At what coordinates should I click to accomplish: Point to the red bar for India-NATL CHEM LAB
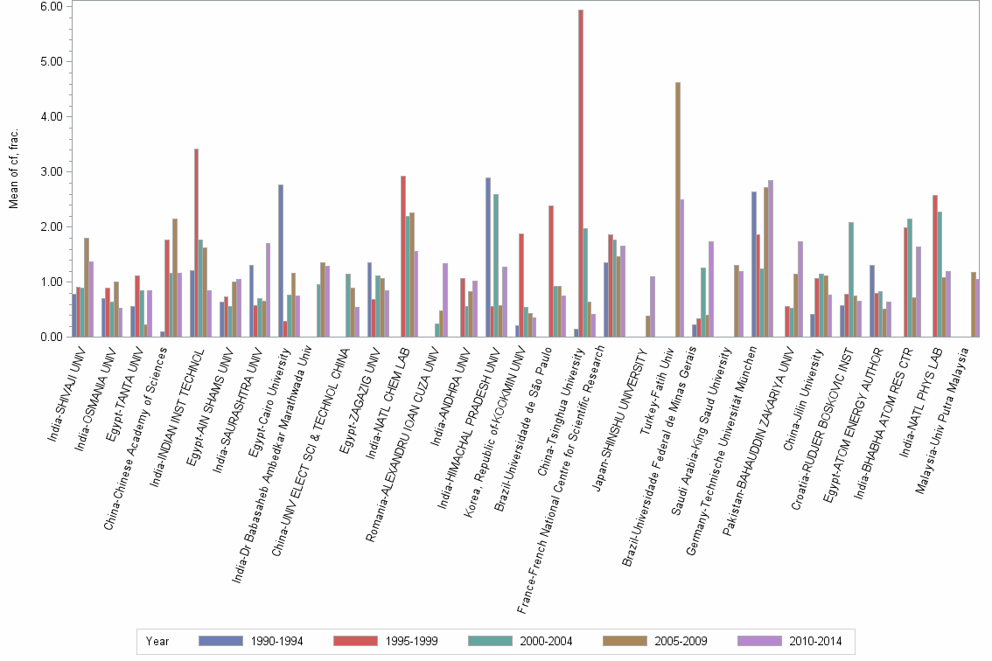403,256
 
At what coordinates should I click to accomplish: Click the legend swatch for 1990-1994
221,641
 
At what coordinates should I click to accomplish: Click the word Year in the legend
157,641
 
